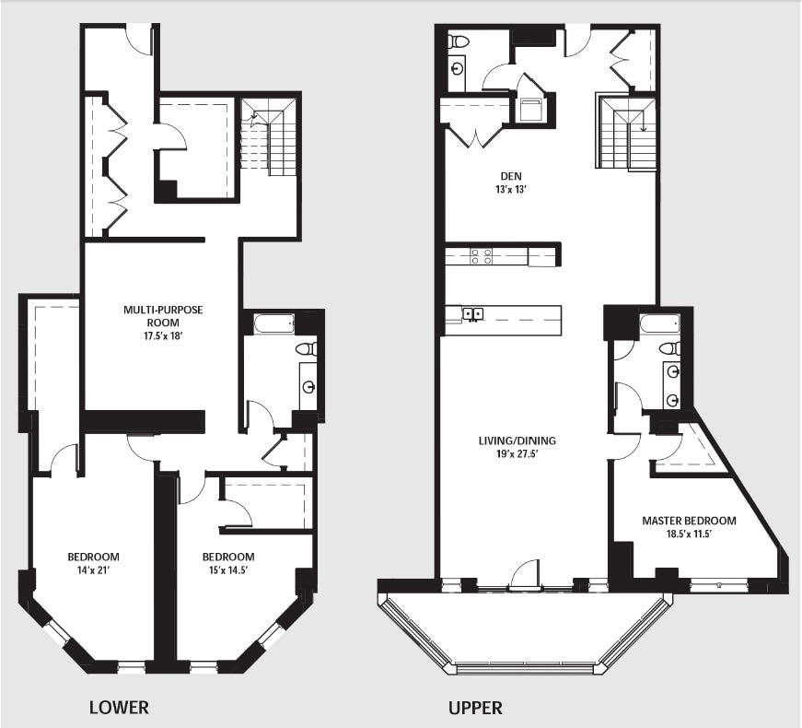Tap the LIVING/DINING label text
point(517,440)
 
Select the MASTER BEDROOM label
point(689,521)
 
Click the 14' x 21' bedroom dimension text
point(93,571)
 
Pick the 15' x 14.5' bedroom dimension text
point(228,571)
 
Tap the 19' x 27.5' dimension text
point(517,454)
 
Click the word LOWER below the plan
point(119,708)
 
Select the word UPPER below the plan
point(475,708)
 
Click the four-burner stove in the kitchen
point(481,256)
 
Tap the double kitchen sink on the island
point(473,314)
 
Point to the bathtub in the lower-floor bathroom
point(273,323)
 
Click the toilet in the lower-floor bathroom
point(307,349)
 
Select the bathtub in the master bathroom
point(660,323)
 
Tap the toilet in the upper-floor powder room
point(458,41)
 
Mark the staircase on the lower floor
point(269,137)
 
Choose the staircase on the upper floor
point(626,133)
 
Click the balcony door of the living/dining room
point(525,575)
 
